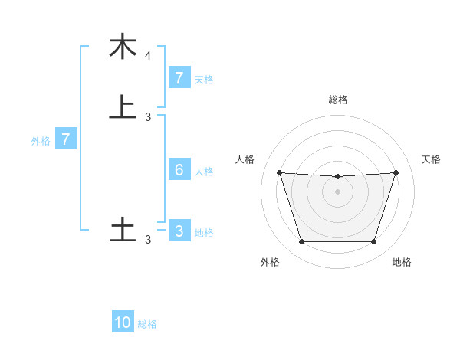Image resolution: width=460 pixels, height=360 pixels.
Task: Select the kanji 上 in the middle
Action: point(123,106)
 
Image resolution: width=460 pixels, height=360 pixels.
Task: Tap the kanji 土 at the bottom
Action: point(123,229)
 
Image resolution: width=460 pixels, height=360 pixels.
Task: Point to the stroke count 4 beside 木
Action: point(148,56)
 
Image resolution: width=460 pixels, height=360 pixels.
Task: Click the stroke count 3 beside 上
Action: point(148,116)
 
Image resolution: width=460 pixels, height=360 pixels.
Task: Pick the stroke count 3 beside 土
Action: point(148,240)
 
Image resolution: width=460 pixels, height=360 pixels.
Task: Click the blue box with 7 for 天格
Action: point(179,77)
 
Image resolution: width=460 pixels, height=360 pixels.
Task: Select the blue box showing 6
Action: point(179,170)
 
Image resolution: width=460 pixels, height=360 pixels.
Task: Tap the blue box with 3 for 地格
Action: point(179,231)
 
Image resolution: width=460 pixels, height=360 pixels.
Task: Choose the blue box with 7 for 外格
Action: point(66,139)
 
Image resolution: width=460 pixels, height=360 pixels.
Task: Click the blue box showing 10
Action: point(123,322)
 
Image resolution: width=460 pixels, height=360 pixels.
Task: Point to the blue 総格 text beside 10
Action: point(147,324)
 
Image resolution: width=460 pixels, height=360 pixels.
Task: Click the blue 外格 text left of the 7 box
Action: point(40,141)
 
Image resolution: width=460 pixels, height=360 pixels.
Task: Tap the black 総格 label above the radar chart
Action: point(337,100)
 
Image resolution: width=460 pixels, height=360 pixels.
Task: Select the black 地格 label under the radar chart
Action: point(402,262)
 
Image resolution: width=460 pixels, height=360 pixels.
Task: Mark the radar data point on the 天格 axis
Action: point(396,172)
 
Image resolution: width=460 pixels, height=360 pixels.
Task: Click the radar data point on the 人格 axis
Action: point(279,172)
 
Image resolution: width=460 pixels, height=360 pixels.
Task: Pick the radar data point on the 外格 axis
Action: point(301,242)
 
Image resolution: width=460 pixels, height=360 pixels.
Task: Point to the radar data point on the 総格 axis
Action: point(337,177)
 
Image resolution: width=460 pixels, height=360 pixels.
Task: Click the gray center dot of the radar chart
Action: point(337,191)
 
